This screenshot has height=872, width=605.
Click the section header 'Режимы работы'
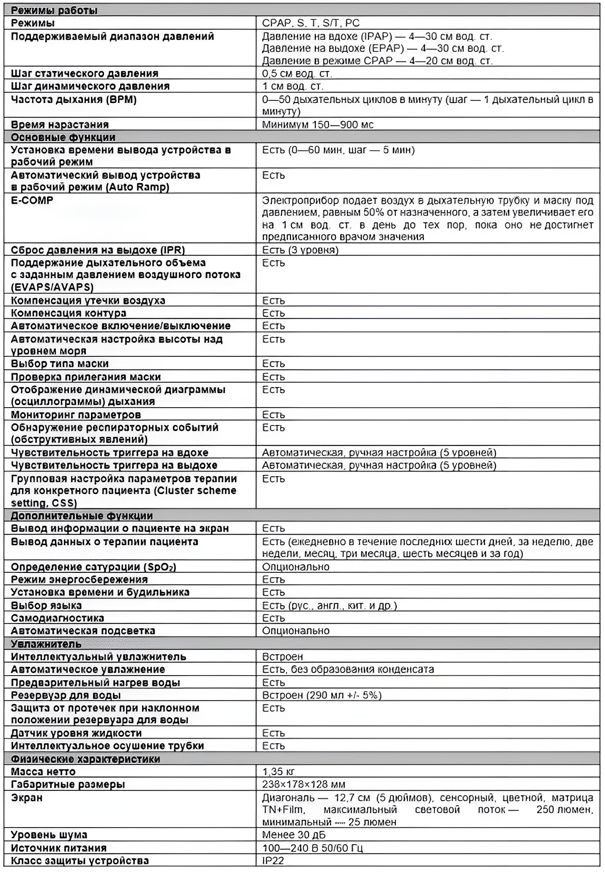click(x=54, y=10)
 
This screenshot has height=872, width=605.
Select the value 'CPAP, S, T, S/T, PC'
click(x=311, y=23)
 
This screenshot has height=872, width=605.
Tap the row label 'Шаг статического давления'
click(x=85, y=73)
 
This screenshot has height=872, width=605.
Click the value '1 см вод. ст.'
click(x=293, y=86)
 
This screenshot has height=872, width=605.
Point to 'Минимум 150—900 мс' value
click(x=318, y=124)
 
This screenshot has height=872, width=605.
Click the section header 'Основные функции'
click(x=63, y=137)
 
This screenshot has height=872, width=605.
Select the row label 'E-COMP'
click(x=32, y=200)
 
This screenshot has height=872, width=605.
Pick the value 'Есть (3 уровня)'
click(x=300, y=250)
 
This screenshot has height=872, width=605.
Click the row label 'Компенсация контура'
click(x=69, y=313)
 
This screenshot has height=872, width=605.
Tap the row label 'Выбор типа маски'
click(x=60, y=364)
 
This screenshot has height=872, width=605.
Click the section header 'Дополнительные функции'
click(x=82, y=516)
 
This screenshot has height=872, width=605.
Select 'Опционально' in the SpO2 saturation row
click(x=296, y=567)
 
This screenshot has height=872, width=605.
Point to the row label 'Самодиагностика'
click(x=58, y=618)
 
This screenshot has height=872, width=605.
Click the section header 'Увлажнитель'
click(x=46, y=644)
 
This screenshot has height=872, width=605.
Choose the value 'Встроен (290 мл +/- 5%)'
click(x=322, y=695)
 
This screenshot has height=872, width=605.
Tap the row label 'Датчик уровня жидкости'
click(x=76, y=733)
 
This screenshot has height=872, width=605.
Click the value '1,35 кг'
click(x=278, y=772)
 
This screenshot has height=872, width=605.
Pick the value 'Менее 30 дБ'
click(x=294, y=835)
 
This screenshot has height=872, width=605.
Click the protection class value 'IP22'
click(x=273, y=860)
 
